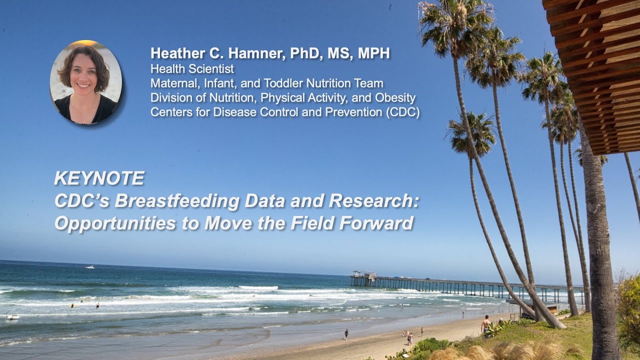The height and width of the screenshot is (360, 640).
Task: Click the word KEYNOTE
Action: (x=99, y=178)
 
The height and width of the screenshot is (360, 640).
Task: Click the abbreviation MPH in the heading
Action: (x=372, y=54)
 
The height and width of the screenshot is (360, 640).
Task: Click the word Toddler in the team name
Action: (x=290, y=83)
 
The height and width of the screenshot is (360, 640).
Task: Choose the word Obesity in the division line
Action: (x=395, y=98)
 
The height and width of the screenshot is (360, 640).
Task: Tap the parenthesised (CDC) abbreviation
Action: (x=402, y=112)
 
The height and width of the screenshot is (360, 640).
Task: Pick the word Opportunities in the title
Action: (x=115, y=223)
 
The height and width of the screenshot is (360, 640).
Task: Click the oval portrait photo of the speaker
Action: (x=85, y=82)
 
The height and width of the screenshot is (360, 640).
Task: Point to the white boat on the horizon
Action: (x=89, y=267)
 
